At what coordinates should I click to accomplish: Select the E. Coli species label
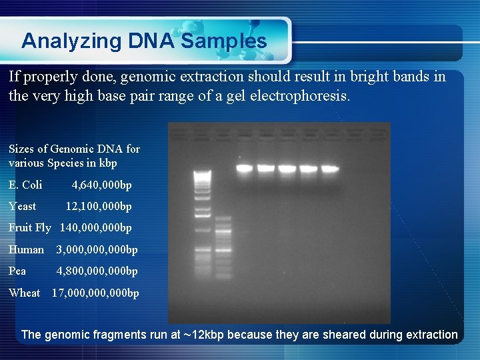(25, 185)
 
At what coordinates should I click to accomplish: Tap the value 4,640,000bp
(101, 185)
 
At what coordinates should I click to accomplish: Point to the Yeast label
(23, 206)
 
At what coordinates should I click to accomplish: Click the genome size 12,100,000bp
(98, 206)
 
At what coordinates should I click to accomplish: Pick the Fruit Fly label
(29, 227)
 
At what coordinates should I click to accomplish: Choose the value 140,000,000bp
(95, 227)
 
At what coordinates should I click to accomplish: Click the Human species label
(26, 249)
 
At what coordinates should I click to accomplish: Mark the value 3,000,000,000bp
(97, 249)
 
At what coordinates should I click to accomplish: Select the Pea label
(17, 271)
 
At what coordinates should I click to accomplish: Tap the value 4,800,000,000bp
(97, 271)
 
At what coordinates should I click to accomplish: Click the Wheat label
(25, 293)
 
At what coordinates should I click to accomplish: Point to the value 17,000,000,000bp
(95, 293)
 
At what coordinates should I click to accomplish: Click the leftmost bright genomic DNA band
(245, 168)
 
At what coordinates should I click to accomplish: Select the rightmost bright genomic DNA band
(329, 168)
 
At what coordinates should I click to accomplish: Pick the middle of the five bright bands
(287, 168)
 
